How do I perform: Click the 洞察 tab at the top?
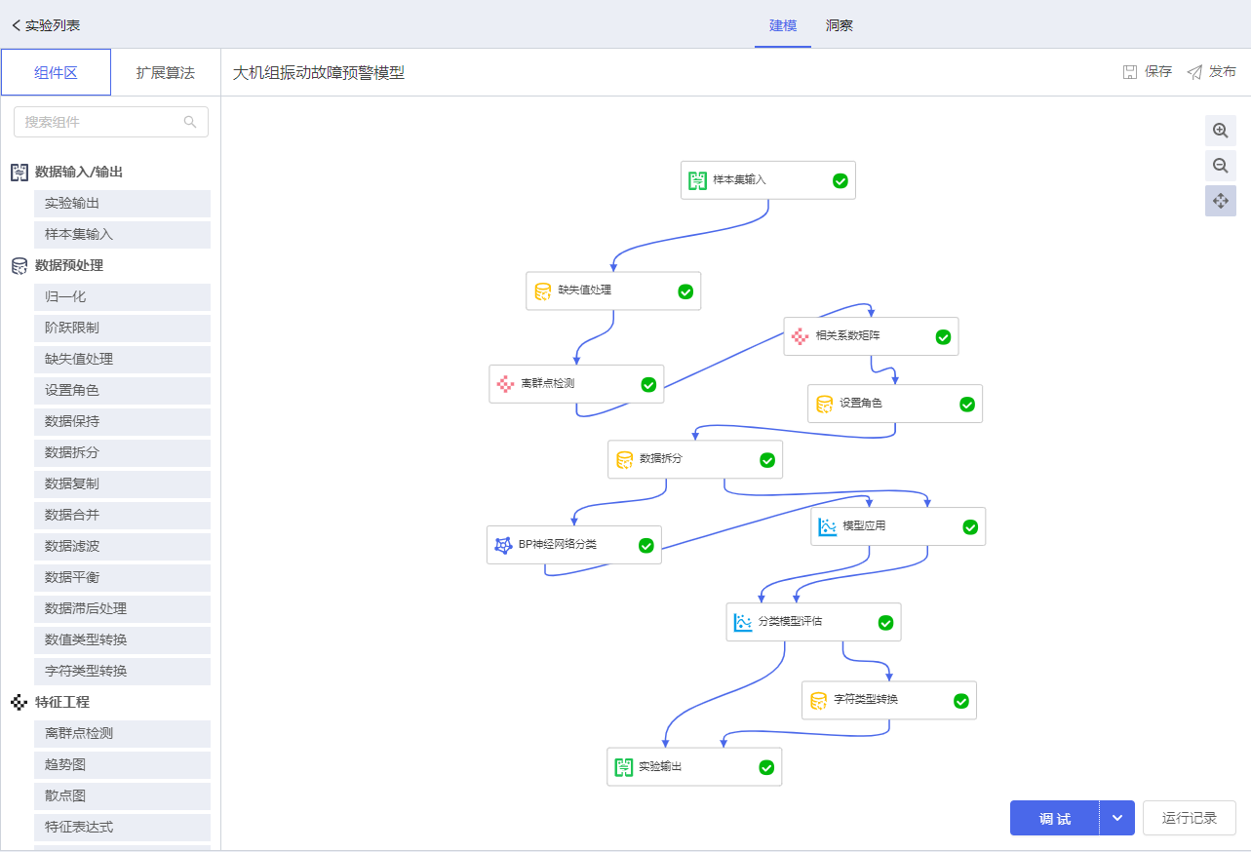coord(839,25)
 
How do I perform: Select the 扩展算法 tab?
coord(166,72)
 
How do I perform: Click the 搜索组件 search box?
coord(111,122)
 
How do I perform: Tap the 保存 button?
coord(1147,71)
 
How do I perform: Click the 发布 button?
coord(1211,71)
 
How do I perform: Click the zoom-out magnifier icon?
coord(1220,166)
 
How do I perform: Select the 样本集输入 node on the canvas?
coord(768,180)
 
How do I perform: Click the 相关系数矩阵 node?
coord(872,336)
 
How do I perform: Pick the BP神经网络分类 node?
coord(574,545)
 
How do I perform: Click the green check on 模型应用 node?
coord(970,527)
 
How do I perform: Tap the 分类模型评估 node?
coord(814,622)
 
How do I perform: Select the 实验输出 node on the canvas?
coord(694,767)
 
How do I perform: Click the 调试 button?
coord(1054,818)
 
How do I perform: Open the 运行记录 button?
coord(1189,818)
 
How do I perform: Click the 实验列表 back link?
coord(47,25)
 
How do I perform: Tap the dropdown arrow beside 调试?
coord(1117,818)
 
